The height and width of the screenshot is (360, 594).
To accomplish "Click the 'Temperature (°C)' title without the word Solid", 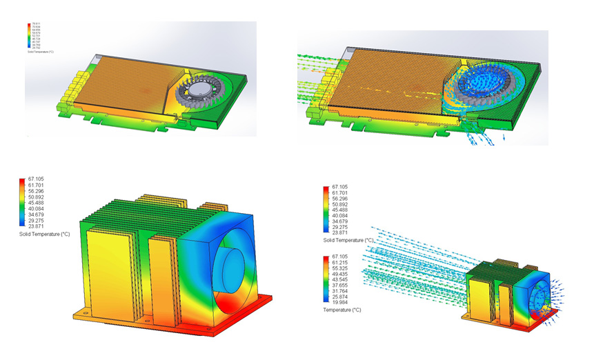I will point(341,310).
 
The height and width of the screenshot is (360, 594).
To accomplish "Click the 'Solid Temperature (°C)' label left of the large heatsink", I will point(45,235).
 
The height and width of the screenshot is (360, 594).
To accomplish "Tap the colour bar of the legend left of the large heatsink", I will point(21,204).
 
